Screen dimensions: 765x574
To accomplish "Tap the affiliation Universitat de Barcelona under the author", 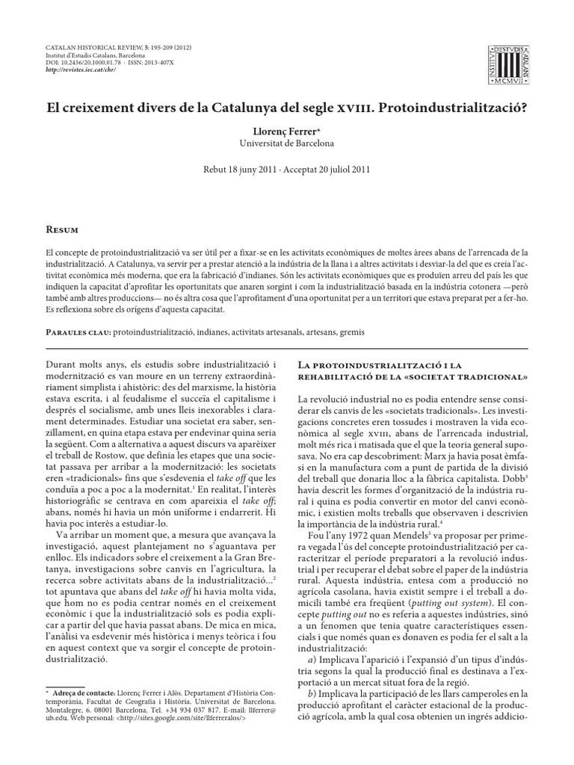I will point(286,143).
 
